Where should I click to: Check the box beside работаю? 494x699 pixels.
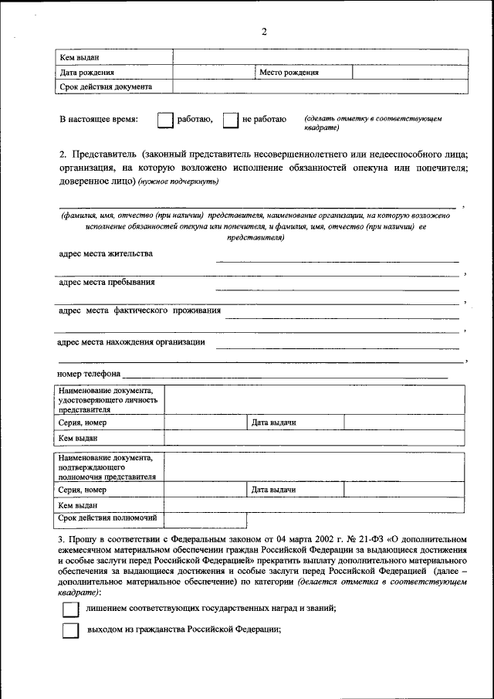coord(164,120)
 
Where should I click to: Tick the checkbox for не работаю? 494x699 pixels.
coord(229,120)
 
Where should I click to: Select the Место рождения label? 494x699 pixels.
coord(289,72)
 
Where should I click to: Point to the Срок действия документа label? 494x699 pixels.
coord(106,87)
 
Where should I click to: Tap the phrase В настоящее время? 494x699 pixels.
coord(100,120)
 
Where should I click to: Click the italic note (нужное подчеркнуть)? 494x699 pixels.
coord(179,182)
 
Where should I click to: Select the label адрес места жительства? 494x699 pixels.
coord(106,253)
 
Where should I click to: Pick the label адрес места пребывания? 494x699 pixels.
coord(107,282)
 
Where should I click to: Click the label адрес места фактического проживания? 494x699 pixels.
coord(140,310)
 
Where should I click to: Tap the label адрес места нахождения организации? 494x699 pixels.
coord(131,341)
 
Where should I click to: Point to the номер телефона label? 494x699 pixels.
coord(89,374)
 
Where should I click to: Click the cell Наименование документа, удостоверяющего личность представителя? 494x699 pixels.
coord(108,400)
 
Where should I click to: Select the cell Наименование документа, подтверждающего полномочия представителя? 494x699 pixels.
coord(108,467)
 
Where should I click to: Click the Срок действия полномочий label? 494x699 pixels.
coord(108,517)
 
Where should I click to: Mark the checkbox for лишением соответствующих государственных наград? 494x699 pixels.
coord(70,609)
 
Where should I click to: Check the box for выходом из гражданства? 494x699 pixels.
coord(70,629)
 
